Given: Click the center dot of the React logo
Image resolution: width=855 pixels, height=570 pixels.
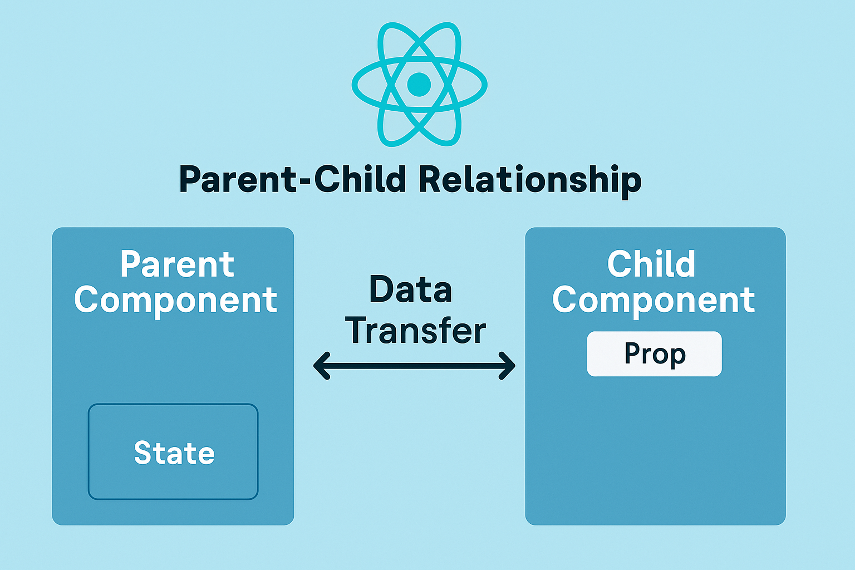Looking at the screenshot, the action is [419, 85].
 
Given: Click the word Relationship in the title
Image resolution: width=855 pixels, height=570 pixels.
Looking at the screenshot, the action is [530, 180].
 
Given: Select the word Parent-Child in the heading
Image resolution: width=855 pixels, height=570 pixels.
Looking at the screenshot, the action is [292, 179].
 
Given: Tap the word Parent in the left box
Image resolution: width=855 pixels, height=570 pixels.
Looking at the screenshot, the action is [176, 264].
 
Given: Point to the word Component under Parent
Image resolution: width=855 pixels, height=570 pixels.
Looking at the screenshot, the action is [175, 302].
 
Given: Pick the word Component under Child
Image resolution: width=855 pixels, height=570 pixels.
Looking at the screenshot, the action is [653, 302].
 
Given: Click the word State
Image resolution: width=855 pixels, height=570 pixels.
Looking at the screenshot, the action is [174, 453].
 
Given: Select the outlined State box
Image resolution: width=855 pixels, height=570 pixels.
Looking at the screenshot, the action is [173, 451].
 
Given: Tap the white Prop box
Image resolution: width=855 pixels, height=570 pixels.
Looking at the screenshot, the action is [654, 354].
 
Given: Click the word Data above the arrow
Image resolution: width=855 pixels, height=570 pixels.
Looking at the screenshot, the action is [411, 289].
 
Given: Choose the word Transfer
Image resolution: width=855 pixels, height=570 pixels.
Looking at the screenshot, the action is [415, 331].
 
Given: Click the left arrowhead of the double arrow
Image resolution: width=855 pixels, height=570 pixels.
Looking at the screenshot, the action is [322, 366].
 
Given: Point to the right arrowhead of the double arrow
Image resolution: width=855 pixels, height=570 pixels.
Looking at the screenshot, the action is [507, 366].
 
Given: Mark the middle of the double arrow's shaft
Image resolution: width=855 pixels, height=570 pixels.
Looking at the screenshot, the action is [415, 366].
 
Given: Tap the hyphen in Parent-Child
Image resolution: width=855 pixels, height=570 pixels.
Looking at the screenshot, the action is [304, 181].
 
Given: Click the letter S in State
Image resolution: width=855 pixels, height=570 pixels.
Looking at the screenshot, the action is [142, 453].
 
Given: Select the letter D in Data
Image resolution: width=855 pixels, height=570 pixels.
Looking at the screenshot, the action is [382, 289].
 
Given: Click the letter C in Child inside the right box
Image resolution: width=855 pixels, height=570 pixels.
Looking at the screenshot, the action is [619, 263].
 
